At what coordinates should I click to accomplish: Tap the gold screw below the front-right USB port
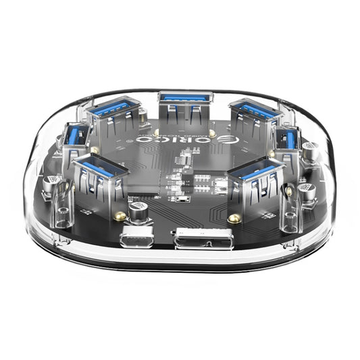click(235, 217)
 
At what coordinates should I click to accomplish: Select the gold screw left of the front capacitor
click(120, 215)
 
